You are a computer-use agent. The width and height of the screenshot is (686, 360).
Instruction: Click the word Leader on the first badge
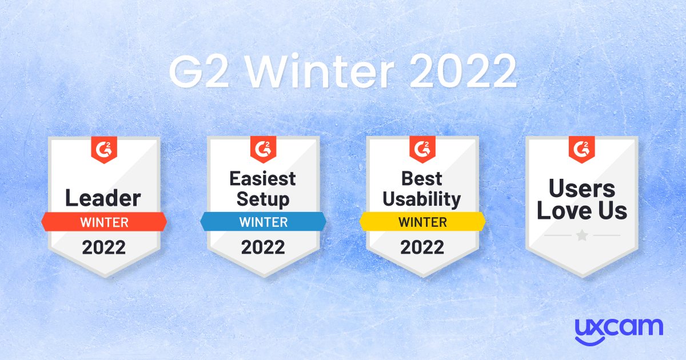click(103, 198)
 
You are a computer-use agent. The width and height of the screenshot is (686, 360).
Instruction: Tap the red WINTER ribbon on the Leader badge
click(104, 221)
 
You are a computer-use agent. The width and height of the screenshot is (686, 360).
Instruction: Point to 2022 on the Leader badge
click(103, 247)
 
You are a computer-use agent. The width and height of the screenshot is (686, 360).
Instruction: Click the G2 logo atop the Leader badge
click(103, 150)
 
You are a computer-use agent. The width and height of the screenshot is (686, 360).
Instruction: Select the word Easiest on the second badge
click(262, 178)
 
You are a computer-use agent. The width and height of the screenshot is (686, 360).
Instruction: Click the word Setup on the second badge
click(262, 199)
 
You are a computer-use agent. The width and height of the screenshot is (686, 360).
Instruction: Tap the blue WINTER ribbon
click(263, 221)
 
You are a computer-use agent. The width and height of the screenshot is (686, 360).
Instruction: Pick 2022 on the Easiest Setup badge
click(263, 247)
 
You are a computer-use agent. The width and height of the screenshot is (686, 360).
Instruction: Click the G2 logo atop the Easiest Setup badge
click(263, 150)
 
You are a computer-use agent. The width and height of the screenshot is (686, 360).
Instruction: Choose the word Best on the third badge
click(422, 178)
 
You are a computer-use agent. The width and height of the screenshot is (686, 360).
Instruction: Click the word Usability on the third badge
click(422, 199)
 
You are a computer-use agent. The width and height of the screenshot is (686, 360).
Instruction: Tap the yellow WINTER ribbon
click(422, 221)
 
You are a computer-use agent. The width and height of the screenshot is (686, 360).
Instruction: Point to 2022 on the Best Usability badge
click(422, 247)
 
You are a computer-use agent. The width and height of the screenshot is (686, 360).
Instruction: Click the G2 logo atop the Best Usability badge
click(422, 150)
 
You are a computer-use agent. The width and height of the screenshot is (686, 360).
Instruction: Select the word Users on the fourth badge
click(582, 189)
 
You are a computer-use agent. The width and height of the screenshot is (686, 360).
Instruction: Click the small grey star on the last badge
click(582, 235)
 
